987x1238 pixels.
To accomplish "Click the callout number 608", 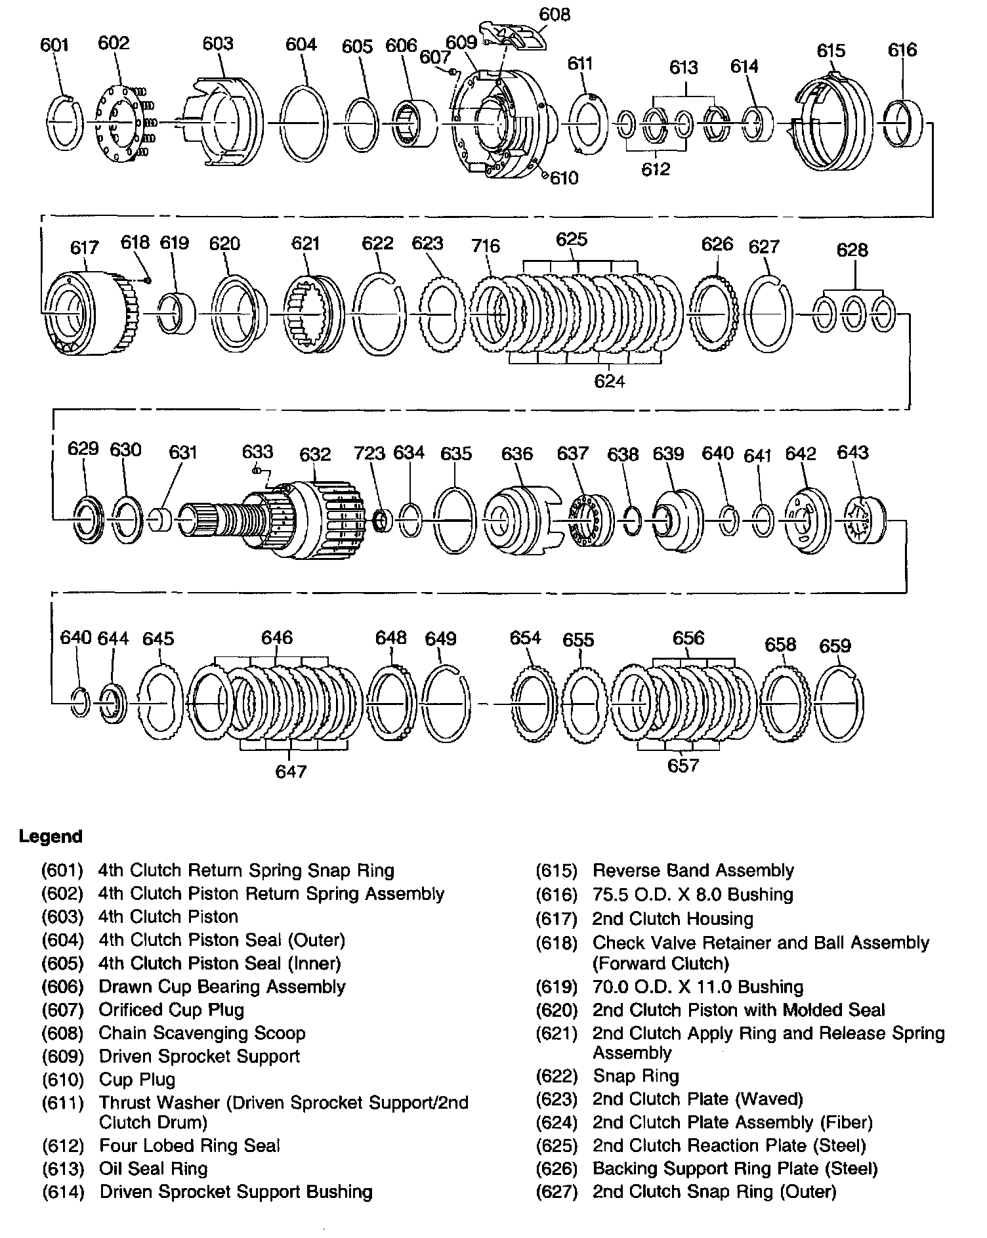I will (x=555, y=14).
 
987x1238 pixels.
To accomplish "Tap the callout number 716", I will (x=486, y=245).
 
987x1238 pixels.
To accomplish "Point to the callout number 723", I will (x=369, y=453).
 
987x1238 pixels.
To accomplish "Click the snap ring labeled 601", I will (x=66, y=123).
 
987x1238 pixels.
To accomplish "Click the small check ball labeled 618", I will (x=148, y=280).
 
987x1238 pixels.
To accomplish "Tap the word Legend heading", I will (x=51, y=836).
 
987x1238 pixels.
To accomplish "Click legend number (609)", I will (x=63, y=1056).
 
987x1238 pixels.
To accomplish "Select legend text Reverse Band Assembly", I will (x=693, y=870).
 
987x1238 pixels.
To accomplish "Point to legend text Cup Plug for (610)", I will (x=137, y=1079).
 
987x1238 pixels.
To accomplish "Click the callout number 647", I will (x=291, y=771).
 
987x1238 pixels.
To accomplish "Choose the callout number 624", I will (x=609, y=381).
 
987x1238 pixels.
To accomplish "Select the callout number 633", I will (x=257, y=452).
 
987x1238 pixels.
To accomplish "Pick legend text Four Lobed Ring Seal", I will (x=190, y=1145).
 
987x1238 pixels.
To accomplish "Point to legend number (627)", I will (x=556, y=1191).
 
